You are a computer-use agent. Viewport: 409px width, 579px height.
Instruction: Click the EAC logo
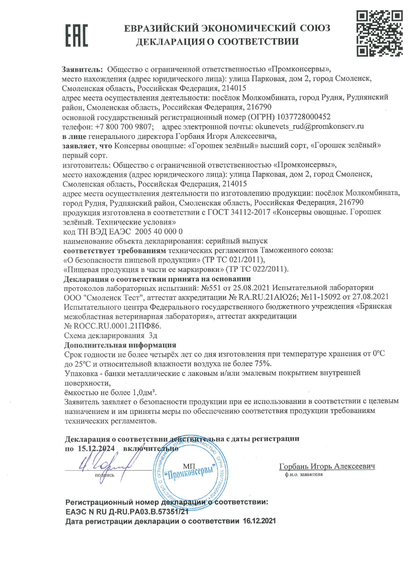[x=77, y=35]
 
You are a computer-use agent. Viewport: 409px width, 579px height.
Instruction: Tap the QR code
[x=379, y=33]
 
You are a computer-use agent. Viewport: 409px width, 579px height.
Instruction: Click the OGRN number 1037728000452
[x=303, y=117]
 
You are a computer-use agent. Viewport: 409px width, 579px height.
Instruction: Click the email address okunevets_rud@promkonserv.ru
[x=309, y=126]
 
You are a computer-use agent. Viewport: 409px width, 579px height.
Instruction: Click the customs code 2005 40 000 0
[x=159, y=231]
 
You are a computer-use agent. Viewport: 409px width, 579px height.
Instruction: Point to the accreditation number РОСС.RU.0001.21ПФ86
[x=112, y=326]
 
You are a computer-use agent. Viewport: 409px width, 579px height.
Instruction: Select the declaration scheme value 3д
[x=153, y=336]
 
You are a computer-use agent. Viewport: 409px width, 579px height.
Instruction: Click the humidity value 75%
[x=263, y=364]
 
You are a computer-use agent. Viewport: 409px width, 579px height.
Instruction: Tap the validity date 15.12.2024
[x=96, y=449]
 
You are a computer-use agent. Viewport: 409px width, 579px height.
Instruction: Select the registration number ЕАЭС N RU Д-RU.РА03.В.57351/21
[x=127, y=512]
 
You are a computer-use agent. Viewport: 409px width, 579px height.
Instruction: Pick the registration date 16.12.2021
[x=259, y=521]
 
